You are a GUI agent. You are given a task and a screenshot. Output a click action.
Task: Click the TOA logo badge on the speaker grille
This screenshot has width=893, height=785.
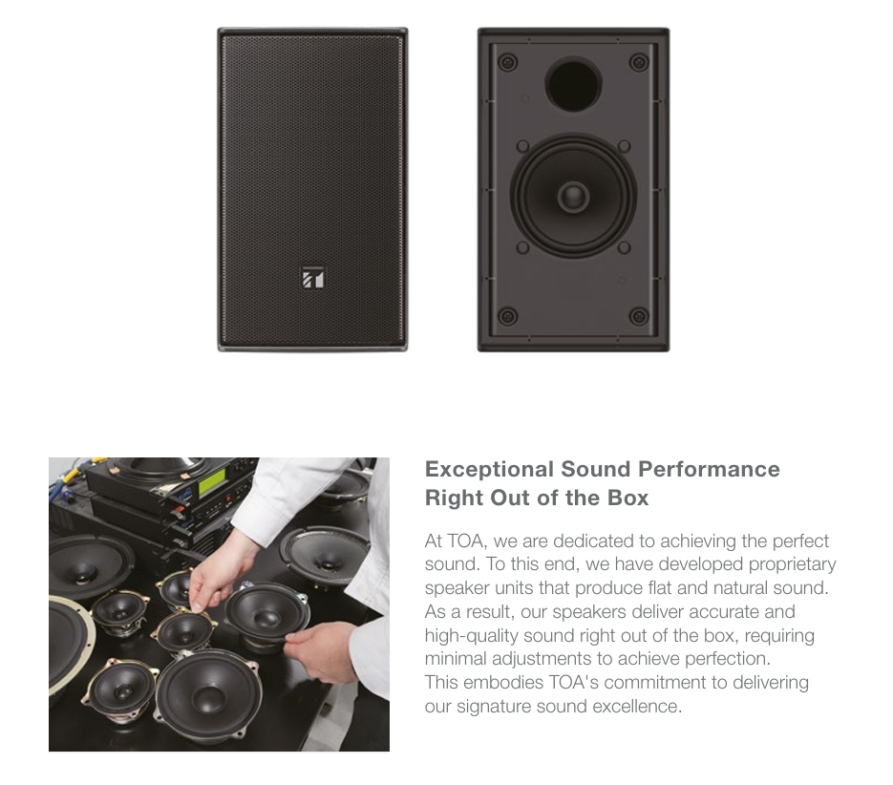pos(312,278)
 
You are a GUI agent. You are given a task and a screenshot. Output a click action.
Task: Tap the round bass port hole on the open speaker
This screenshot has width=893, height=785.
pos(573,85)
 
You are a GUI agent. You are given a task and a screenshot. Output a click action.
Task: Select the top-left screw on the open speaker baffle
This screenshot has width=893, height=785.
pos(507,62)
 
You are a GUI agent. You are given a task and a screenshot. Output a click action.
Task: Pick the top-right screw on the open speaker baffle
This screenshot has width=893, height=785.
pos(639,62)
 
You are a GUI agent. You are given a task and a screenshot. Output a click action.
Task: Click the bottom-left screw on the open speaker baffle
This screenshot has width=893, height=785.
pos(507,316)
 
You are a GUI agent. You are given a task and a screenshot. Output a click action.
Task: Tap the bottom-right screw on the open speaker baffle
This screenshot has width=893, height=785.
pos(639,316)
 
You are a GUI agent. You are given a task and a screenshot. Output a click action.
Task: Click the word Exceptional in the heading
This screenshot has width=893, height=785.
pos(489,470)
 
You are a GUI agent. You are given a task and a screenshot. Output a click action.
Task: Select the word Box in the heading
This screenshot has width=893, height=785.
pos(628,498)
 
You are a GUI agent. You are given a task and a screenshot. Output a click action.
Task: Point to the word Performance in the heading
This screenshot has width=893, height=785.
pos(709,470)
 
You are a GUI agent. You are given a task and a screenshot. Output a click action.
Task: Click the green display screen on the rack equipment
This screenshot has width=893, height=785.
pos(213,486)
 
